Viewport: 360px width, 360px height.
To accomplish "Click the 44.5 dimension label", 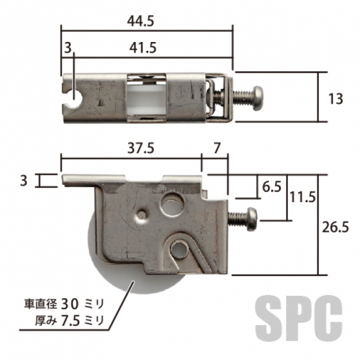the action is [x=140, y=22].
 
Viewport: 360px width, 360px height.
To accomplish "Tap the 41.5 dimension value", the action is [x=143, y=48].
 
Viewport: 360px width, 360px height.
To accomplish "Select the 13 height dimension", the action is [x=335, y=99].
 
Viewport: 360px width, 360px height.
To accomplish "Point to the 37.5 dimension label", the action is [x=141, y=148].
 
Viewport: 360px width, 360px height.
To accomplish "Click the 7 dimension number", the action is [x=217, y=148].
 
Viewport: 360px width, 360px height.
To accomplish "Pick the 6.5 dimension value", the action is [x=272, y=187].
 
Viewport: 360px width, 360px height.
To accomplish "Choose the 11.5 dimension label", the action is [x=302, y=197].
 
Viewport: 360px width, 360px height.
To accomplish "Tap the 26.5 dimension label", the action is [x=335, y=227].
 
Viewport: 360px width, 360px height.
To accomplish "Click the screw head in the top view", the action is [x=257, y=98].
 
